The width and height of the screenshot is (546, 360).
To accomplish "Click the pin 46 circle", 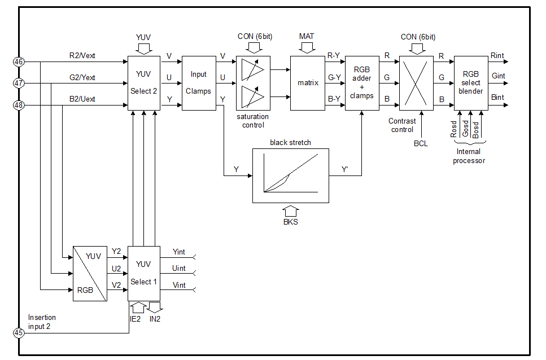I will (19, 62).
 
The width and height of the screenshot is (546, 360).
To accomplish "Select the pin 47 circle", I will (19, 84).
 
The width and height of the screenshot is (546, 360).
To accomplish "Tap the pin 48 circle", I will (19, 105).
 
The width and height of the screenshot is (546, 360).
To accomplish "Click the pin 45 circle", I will (19, 333).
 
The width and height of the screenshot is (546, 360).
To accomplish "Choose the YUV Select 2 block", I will (143, 83).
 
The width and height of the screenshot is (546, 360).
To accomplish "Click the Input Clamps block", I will (199, 83).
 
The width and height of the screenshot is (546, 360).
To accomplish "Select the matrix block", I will (308, 83).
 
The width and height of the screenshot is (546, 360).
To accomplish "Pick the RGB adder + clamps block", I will (362, 83).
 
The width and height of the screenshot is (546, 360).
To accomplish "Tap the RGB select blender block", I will (471, 83).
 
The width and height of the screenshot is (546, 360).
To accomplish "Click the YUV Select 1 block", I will (144, 273).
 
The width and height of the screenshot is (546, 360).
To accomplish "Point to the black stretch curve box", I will (290, 175).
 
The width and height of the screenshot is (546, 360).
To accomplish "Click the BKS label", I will (290, 222).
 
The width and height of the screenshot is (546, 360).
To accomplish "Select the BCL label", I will (421, 143).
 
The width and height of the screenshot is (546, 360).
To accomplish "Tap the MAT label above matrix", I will (307, 37).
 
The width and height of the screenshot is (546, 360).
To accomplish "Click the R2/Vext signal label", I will (82, 56).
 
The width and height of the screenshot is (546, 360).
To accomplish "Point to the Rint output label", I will (497, 56).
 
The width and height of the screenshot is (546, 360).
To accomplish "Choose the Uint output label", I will (178, 268).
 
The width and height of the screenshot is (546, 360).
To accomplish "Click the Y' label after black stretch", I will (345, 169).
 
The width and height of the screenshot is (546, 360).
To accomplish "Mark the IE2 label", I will (135, 319).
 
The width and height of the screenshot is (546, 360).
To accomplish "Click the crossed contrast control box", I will (416, 83).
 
